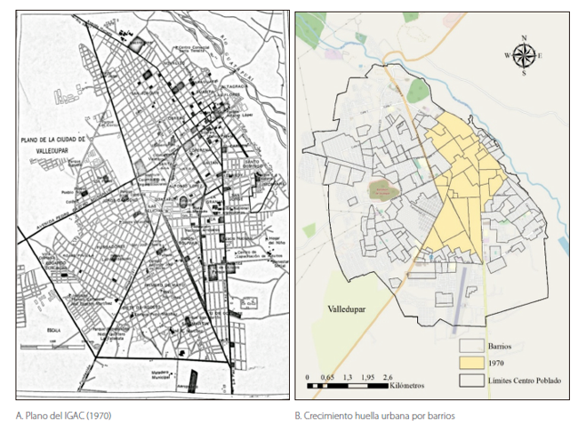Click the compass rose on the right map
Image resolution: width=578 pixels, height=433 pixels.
pos(524,55)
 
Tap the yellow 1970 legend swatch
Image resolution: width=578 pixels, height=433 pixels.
pos(470,363)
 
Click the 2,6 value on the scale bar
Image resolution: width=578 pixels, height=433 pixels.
pos(389,377)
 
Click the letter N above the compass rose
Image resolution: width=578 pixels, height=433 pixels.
pos(524,38)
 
